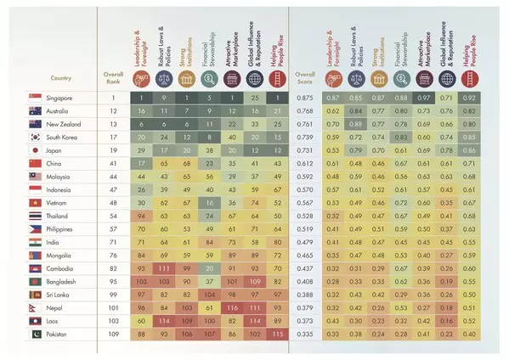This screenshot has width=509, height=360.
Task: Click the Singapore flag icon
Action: point(36,98)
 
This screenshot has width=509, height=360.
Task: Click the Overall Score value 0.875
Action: point(304,98)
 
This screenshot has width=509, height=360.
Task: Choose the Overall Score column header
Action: point(304,78)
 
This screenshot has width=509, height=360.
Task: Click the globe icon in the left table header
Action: point(253,79)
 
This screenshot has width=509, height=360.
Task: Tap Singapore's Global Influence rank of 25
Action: point(253,98)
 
